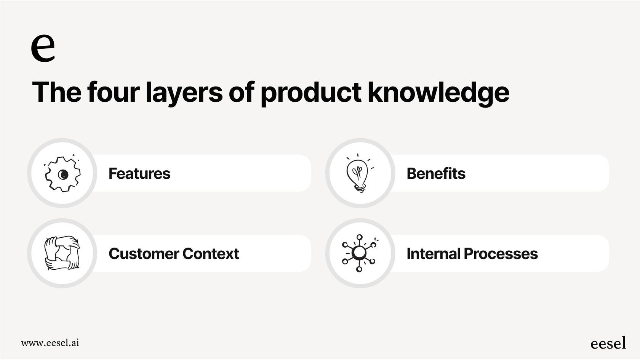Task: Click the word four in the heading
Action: click(x=113, y=92)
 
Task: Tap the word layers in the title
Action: click(x=184, y=92)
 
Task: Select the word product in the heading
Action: click(x=311, y=92)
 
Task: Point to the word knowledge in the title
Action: click(x=438, y=92)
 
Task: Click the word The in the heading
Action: click(x=56, y=92)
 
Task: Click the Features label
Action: click(x=139, y=173)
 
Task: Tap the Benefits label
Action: click(x=436, y=173)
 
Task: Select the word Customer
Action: click(x=144, y=254)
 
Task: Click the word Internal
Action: click(x=433, y=254)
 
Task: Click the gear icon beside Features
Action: click(x=62, y=174)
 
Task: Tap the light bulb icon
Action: click(x=358, y=174)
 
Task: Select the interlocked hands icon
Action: click(x=62, y=253)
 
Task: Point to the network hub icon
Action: click(x=359, y=253)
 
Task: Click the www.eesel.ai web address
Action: click(x=50, y=342)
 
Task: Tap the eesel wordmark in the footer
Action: click(x=608, y=343)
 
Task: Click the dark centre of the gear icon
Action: click(x=63, y=174)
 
